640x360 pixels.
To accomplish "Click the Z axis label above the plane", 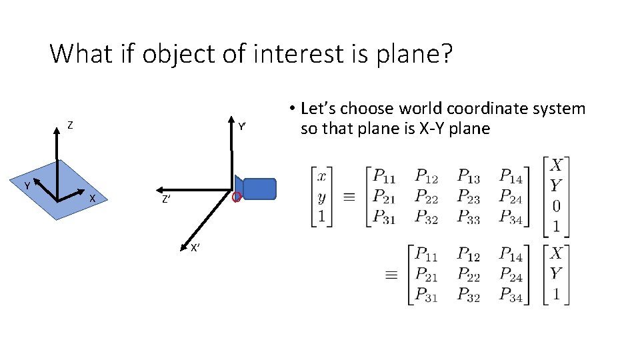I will pyautogui.click(x=70, y=125).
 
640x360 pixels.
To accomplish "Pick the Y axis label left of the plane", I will pyautogui.click(x=27, y=185).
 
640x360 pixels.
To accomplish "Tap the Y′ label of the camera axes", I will pyautogui.click(x=243, y=126).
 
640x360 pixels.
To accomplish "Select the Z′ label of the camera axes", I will pyautogui.click(x=165, y=199).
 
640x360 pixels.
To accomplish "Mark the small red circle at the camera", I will pyautogui.click(x=235, y=197).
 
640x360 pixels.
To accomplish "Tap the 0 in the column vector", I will pyautogui.click(x=556, y=205).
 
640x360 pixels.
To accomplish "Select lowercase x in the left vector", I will pyautogui.click(x=322, y=176).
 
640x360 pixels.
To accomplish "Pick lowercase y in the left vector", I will pyautogui.click(x=322, y=197).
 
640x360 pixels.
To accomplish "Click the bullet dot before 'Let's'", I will pyautogui.click(x=291, y=109).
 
